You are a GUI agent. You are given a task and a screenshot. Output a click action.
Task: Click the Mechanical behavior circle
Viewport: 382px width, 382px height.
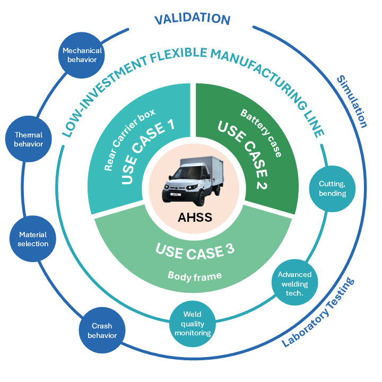(82, 55)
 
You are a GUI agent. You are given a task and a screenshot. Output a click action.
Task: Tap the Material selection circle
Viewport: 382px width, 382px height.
(33, 239)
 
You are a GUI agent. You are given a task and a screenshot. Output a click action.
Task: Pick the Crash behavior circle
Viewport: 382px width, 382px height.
(101, 331)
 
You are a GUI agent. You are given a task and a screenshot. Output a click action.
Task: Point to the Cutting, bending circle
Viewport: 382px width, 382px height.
(332, 188)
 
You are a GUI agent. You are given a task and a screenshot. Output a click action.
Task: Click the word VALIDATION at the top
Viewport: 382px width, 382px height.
(192, 20)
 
